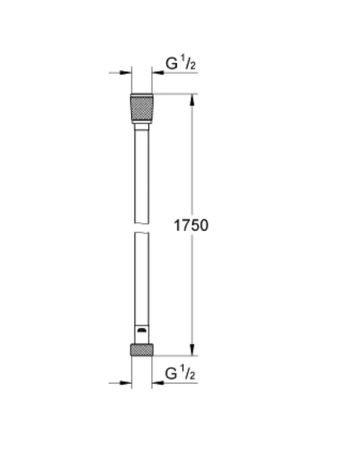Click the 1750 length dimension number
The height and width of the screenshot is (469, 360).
click(191, 225)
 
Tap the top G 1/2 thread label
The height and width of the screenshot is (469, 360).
click(181, 63)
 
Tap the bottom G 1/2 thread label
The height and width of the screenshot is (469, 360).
click(180, 373)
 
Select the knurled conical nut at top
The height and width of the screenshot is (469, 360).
click(142, 108)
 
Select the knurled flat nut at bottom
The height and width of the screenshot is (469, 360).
click(142, 349)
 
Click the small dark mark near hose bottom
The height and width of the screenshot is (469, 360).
click(141, 330)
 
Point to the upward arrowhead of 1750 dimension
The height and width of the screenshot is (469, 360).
click(192, 100)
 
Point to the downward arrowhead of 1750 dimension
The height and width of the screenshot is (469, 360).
click(192, 349)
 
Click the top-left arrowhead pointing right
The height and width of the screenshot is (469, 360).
click(125, 72)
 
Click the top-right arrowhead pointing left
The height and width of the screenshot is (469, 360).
click(158, 72)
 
